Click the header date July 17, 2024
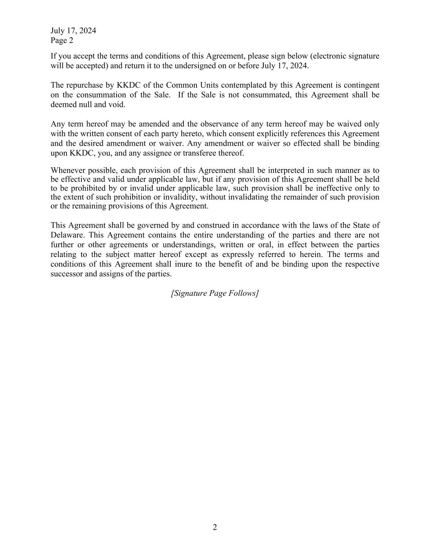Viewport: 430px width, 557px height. (73, 31)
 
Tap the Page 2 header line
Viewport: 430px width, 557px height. (62, 40)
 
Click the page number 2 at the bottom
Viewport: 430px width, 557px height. (215, 527)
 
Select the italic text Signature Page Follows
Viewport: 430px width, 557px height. (215, 293)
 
